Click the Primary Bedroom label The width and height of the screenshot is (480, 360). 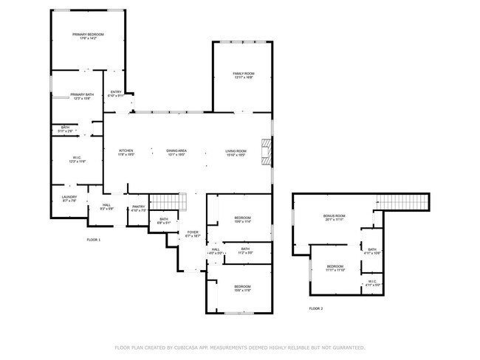click(x=88, y=35)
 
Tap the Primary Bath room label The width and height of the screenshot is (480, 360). click(x=81, y=95)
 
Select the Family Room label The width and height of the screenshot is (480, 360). click(x=244, y=74)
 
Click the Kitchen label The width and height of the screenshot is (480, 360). click(x=126, y=151)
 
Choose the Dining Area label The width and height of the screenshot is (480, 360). click(x=176, y=151)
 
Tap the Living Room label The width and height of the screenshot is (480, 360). click(x=236, y=151)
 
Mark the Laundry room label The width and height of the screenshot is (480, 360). click(x=69, y=197)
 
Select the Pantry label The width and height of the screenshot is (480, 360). click(x=138, y=207)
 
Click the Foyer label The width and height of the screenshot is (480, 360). click(x=192, y=233)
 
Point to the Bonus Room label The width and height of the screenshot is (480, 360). click(x=335, y=216)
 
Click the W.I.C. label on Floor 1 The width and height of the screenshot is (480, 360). click(x=77, y=158)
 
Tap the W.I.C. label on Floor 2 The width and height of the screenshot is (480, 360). click(x=372, y=283)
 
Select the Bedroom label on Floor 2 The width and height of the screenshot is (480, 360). click(x=335, y=266)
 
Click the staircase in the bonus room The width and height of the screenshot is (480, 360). click(x=402, y=201)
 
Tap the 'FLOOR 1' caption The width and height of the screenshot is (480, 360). click(x=94, y=240)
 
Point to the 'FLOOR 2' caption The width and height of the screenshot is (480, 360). click(x=315, y=308)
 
